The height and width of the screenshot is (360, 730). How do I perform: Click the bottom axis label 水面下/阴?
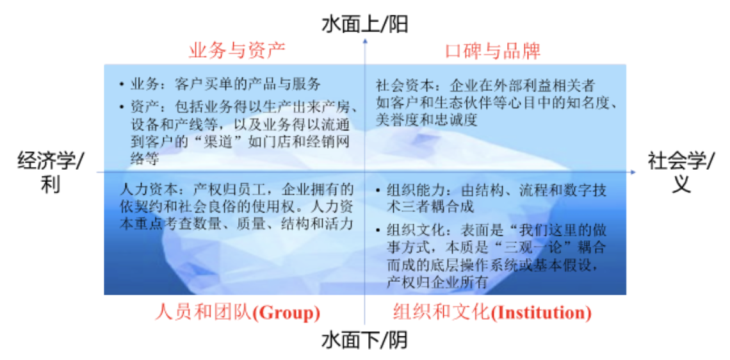[364, 340]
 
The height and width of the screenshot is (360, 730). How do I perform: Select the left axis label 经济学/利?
[51, 172]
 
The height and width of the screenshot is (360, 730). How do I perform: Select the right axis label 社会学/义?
[680, 172]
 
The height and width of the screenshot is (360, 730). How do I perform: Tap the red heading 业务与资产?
[237, 51]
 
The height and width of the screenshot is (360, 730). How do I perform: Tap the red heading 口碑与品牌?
[492, 51]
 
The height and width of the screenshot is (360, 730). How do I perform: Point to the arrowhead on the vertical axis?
[365, 42]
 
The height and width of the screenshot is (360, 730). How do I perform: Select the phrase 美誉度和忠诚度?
[427, 120]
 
